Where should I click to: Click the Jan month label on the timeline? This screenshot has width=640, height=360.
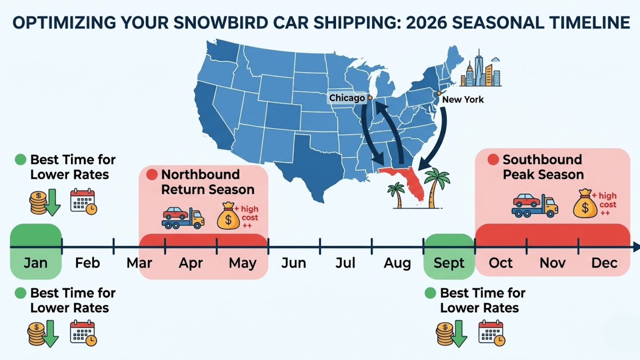[36, 263]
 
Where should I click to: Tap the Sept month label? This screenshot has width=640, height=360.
[449, 263]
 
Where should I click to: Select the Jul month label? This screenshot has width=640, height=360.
[345, 263]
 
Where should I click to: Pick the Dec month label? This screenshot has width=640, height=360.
[604, 263]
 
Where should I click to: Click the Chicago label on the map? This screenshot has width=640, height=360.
[347, 98]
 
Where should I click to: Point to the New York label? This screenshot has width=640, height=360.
[463, 100]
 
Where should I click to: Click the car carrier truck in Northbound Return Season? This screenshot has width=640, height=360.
[183, 218]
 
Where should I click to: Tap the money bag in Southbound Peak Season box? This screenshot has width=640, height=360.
[584, 203]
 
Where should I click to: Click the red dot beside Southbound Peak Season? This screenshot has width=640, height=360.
[493, 160]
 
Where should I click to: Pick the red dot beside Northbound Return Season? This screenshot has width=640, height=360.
[152, 174]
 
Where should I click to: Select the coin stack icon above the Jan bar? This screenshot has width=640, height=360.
[38, 202]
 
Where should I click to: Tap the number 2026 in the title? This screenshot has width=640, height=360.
[426, 22]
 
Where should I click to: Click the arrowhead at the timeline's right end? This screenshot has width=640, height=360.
[636, 247]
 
